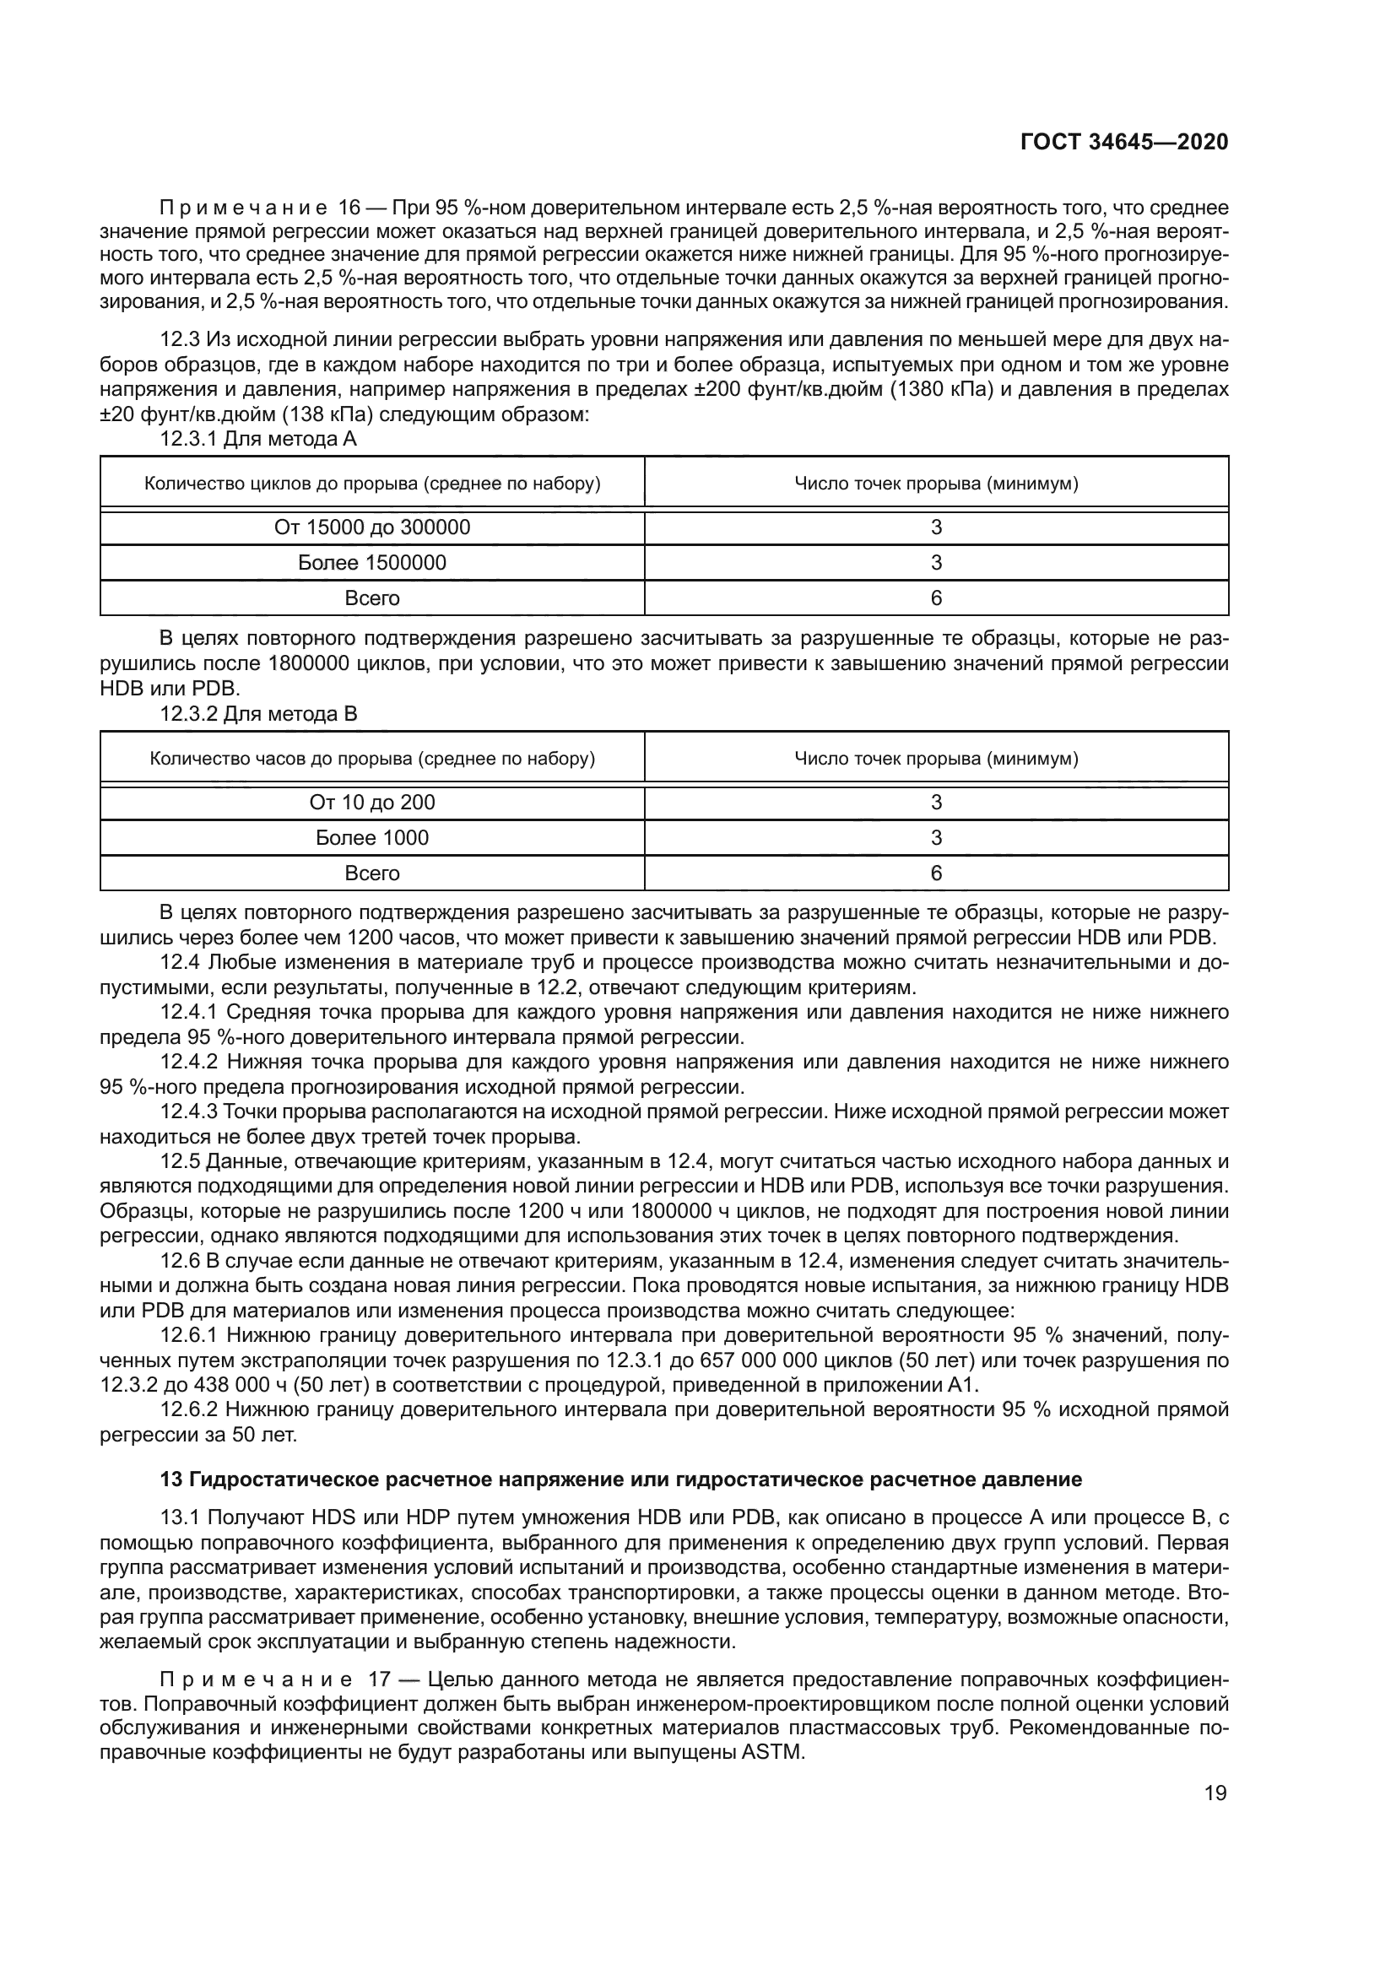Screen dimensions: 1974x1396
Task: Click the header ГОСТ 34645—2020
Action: point(1123,142)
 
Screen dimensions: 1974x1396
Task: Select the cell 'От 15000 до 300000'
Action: point(372,527)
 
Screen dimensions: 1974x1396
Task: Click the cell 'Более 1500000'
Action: point(372,562)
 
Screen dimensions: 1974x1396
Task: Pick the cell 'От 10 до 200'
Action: point(372,802)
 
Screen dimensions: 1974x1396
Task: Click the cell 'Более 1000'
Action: point(372,837)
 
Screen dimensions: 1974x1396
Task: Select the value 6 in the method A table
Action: point(936,598)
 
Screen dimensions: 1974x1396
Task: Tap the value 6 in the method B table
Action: point(936,873)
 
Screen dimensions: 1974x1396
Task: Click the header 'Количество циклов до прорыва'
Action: point(372,484)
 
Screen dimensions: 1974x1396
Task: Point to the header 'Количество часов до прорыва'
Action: point(372,759)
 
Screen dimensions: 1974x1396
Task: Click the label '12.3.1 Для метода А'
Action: point(258,439)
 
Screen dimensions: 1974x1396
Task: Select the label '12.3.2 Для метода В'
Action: point(258,714)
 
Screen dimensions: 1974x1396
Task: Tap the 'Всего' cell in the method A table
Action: point(372,598)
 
